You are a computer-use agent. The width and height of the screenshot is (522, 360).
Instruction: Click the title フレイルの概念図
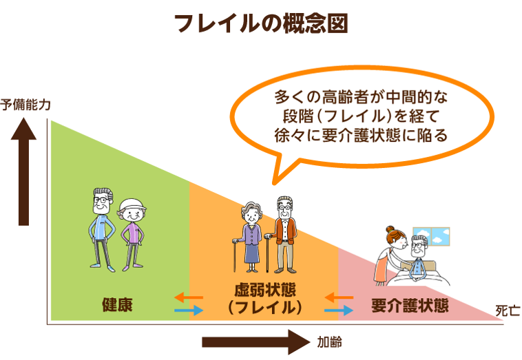[261, 23]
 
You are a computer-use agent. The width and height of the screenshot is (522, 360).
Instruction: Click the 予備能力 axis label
[25, 105]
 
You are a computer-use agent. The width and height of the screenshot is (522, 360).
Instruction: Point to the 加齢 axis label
[330, 341]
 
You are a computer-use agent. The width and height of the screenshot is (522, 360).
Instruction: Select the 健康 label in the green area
[116, 304]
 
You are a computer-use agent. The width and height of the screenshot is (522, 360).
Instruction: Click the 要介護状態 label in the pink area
[409, 305]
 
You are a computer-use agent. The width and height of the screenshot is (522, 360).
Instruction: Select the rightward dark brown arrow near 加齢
[255, 341]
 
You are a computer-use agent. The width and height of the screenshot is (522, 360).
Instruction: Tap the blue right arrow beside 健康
[188, 311]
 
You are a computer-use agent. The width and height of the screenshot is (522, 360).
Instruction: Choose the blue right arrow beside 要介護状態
[338, 311]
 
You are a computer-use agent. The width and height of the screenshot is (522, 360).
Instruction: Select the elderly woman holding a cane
[250, 237]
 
